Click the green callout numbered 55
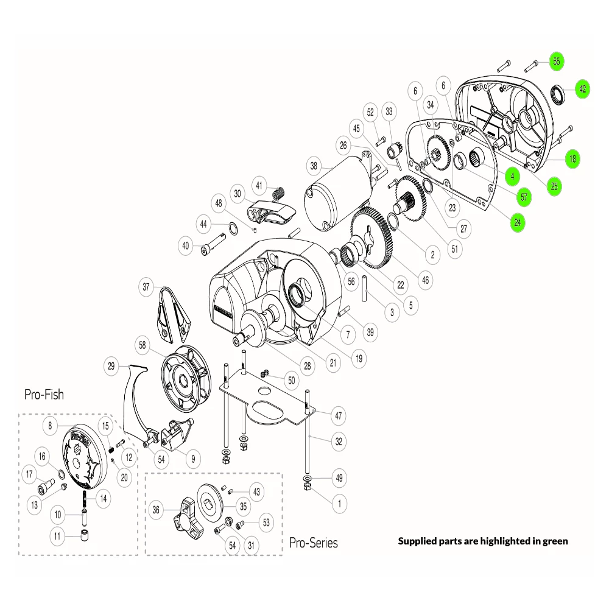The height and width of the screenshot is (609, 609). click(556, 62)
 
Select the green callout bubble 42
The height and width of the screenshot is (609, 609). click(582, 89)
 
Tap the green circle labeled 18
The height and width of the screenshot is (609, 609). click(572, 159)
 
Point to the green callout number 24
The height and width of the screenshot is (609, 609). click(517, 222)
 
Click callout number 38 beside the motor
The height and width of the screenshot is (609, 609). click(314, 165)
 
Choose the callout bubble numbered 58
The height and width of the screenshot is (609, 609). click(143, 345)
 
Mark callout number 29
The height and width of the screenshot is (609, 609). click(111, 367)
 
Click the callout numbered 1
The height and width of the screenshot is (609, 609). click(339, 504)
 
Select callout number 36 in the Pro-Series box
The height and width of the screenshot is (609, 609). click(156, 510)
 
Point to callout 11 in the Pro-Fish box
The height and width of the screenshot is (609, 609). click(58, 537)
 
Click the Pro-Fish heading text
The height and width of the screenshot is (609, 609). click(44, 395)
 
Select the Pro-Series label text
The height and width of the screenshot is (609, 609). click(313, 542)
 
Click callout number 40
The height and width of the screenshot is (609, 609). click(186, 247)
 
